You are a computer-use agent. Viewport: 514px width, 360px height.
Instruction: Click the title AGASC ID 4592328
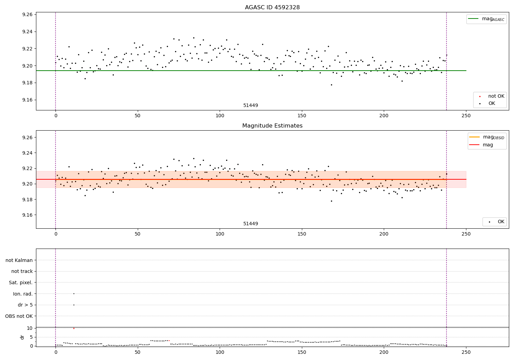coord(272,8)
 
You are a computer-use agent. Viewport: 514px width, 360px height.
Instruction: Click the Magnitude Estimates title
coord(272,126)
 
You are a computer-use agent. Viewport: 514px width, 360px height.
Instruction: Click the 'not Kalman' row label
coord(19,261)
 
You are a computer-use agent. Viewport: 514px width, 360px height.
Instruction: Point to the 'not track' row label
coord(22,272)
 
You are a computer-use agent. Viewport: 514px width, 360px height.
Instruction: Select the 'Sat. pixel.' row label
coord(21,283)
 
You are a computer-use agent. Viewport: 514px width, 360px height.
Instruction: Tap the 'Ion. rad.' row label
coord(23,294)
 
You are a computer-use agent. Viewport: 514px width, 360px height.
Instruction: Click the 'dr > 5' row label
coord(25,305)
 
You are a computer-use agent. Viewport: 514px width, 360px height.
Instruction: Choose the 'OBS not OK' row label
coord(19,316)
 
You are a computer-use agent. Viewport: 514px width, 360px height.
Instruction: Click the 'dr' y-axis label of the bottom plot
coord(22,337)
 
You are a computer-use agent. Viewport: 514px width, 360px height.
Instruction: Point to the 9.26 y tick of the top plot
coord(27,15)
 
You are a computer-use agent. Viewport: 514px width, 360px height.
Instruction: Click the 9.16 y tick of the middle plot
coord(27,215)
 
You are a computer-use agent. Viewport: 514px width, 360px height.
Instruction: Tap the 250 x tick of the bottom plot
coord(466,352)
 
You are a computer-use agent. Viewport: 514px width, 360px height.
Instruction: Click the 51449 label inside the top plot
coord(250,106)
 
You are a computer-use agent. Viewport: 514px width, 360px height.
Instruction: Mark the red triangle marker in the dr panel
coord(74,328)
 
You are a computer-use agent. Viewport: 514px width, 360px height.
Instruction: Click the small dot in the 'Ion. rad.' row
coord(74,293)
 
